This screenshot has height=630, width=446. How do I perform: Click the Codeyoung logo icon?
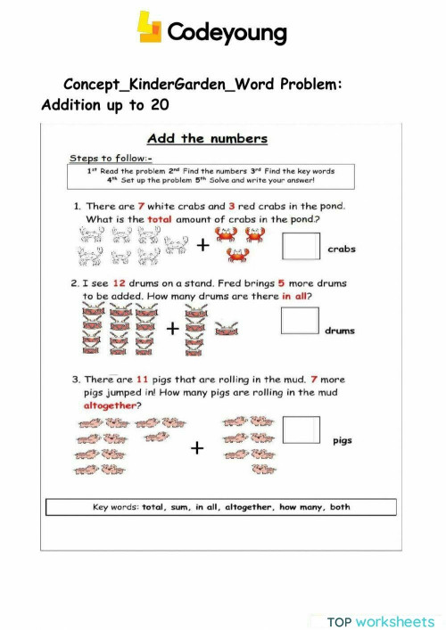149,27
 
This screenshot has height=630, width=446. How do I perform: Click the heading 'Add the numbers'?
207,138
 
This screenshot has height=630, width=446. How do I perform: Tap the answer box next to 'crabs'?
300,247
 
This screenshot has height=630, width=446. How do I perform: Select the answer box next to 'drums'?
300,321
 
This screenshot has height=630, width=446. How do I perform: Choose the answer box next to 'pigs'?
301,430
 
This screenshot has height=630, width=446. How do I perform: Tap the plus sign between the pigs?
196,448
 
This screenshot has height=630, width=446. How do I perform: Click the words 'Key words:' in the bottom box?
117,507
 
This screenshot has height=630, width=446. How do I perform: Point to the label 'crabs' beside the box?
341,250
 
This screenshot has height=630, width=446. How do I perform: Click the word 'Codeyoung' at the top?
227,34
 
